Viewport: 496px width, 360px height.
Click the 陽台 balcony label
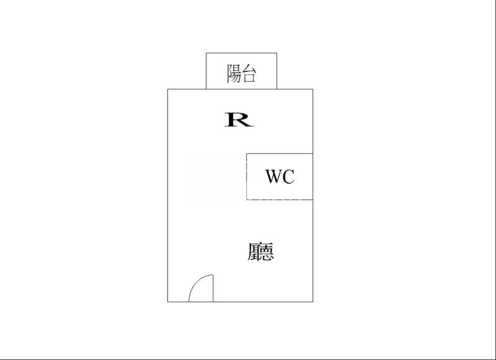pos(242,74)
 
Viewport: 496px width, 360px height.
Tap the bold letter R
pos(239,119)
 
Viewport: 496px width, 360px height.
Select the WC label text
pos(280,177)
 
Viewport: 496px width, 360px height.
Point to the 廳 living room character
pos(260,252)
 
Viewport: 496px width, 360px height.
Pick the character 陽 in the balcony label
pos(234,74)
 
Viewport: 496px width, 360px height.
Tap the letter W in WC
pos(274,177)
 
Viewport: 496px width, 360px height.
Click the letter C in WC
pos(288,177)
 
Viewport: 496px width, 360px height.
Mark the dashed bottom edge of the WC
pos(280,200)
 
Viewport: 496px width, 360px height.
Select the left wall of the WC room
pos(247,177)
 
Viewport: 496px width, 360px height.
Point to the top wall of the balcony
pos(242,53)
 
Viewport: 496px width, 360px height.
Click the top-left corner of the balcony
pos(206,53)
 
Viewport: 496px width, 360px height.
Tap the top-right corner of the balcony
pos(277,53)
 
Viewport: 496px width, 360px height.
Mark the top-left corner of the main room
pos(168,89)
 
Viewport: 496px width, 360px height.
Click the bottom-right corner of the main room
pos(312,302)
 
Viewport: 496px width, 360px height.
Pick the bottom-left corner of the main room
pos(168,302)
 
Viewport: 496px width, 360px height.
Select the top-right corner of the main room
pos(312,89)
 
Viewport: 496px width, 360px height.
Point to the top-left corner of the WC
pos(247,153)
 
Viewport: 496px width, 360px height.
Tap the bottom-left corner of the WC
pos(247,200)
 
